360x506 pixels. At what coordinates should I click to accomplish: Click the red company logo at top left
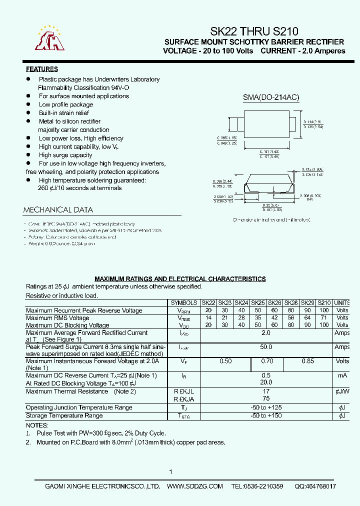point(49,38)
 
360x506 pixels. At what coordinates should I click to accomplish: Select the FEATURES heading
point(42,69)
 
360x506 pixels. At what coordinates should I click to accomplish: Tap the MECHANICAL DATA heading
point(58,210)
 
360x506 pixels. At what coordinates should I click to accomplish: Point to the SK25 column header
point(258,303)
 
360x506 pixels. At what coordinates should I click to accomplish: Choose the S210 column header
point(324,303)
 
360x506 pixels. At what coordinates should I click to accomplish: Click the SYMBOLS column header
point(184,303)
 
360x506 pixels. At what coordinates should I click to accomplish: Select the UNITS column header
point(343,303)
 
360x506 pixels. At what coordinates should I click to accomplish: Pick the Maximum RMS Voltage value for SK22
point(208,318)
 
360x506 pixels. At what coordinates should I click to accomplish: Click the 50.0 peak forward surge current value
point(266,347)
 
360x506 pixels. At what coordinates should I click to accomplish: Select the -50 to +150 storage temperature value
point(266,416)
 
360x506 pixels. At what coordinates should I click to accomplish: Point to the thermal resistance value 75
point(266,399)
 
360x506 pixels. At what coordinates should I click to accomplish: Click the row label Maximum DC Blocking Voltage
point(67,325)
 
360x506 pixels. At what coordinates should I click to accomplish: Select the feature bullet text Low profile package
point(66,104)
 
